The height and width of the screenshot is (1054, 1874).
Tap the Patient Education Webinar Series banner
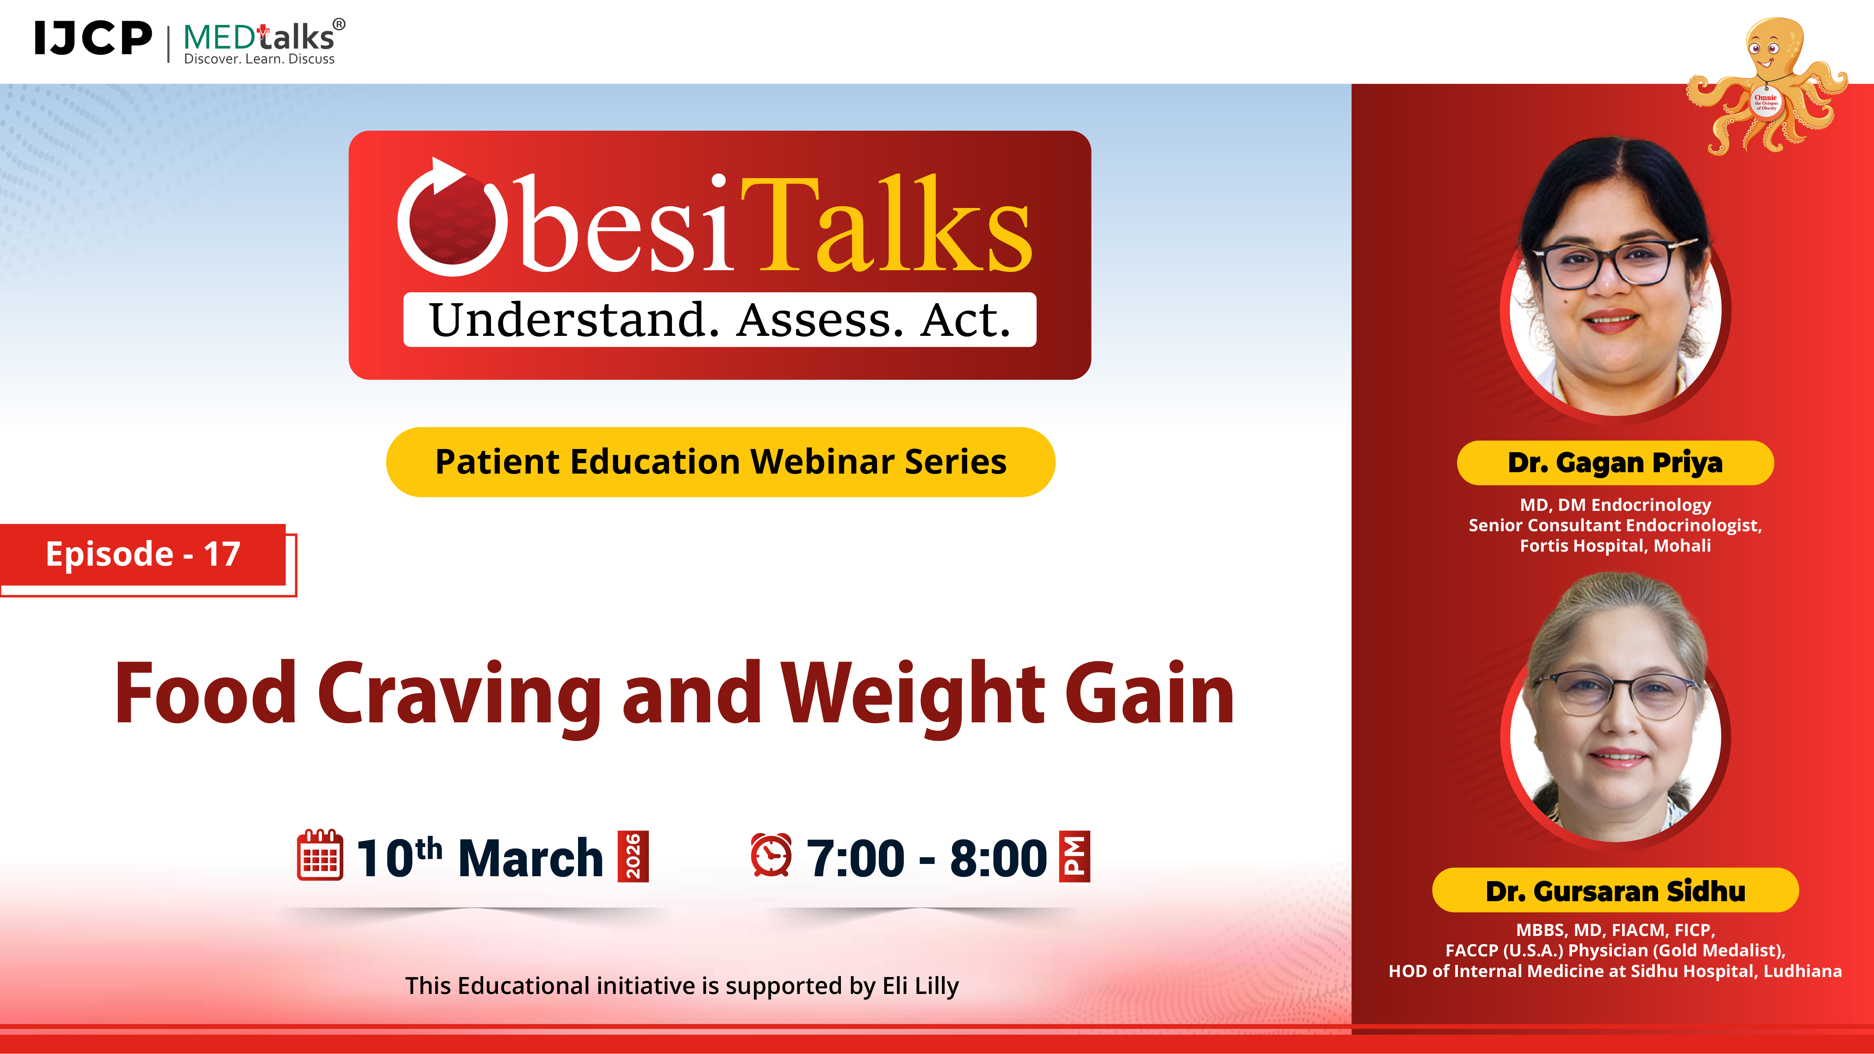coord(720,462)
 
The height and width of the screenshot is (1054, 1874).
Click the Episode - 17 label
coord(143,554)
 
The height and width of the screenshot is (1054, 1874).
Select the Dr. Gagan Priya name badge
coord(1615,463)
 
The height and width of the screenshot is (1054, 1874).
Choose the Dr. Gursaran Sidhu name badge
coord(1615,890)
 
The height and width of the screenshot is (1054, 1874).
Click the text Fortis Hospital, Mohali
coord(1615,546)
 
